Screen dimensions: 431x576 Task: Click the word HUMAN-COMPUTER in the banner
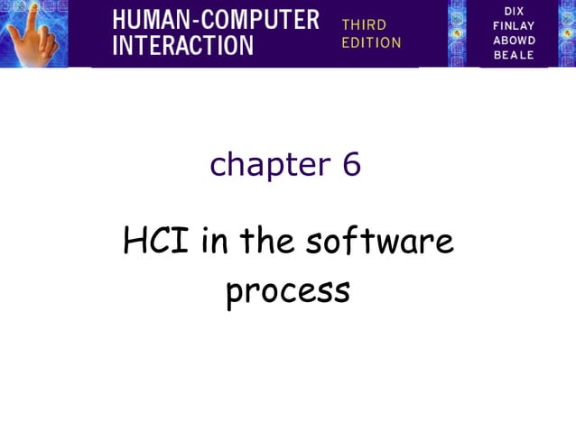(x=216, y=20)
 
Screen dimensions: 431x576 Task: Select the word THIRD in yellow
(x=364, y=24)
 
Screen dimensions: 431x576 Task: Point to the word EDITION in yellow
(x=371, y=42)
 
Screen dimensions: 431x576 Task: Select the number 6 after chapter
(x=351, y=164)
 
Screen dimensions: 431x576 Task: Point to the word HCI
(x=156, y=242)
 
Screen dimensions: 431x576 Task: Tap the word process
(x=287, y=292)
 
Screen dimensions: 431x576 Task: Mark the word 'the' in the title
(x=266, y=242)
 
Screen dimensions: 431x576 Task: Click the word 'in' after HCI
(x=213, y=242)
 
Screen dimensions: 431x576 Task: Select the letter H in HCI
(x=135, y=242)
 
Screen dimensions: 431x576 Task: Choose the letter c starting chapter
(x=218, y=166)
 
